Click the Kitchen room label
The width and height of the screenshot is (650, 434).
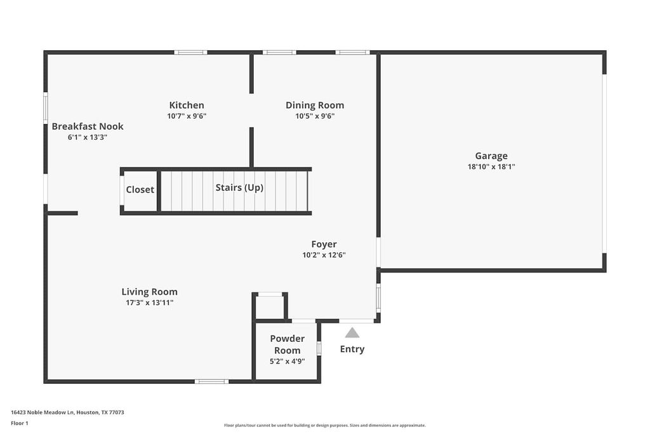point(187,105)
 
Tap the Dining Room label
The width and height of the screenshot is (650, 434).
point(315,105)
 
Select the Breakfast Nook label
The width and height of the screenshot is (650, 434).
point(88,126)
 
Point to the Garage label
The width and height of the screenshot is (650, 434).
point(491,156)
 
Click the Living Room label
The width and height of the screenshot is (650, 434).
point(150,292)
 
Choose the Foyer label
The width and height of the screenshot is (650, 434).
point(324,245)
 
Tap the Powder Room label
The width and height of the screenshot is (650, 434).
point(287,344)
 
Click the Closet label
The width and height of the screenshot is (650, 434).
point(140,190)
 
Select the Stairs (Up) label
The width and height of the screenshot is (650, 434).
point(239,188)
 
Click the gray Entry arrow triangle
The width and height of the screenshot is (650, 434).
point(352,333)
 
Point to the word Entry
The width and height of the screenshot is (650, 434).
point(352,349)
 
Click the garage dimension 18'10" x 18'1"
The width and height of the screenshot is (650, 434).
point(491,167)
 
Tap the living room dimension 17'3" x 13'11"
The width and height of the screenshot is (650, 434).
point(150,303)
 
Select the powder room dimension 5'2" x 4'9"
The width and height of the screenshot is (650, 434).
point(287,362)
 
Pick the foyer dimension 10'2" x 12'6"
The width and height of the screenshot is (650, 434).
point(324,255)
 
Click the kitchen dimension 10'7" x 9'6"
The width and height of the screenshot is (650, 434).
point(187,116)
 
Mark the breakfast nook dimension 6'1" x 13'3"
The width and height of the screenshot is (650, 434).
point(88,137)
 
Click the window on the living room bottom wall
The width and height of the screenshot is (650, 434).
point(211,381)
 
